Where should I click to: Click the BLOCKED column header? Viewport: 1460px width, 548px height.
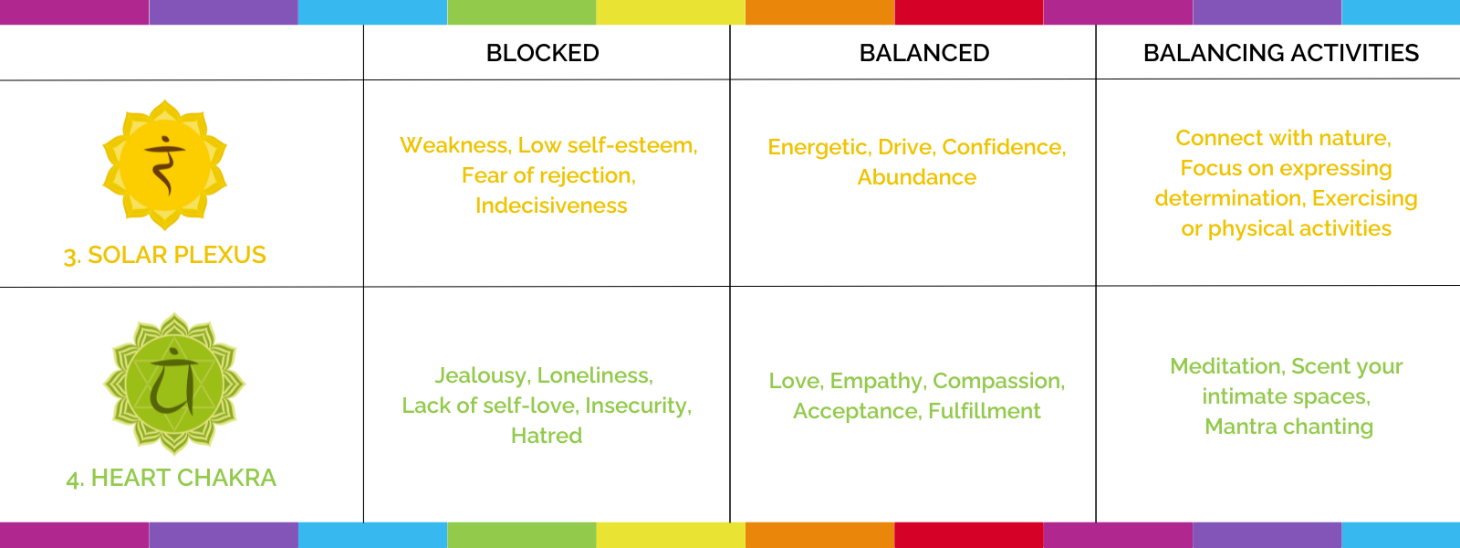(x=542, y=53)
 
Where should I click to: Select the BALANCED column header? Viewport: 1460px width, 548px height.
(x=924, y=53)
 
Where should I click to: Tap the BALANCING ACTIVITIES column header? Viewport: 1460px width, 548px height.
(x=1281, y=53)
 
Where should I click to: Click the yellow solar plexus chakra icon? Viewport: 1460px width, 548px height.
(x=165, y=165)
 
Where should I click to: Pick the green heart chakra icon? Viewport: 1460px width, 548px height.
(x=174, y=384)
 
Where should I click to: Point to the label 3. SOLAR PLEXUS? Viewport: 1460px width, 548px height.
(x=165, y=255)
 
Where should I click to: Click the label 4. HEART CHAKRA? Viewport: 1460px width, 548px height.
(x=172, y=479)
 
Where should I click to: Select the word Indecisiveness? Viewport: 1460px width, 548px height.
(x=551, y=205)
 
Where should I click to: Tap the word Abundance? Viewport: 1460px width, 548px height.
(x=917, y=177)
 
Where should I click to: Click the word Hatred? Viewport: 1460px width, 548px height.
(x=547, y=435)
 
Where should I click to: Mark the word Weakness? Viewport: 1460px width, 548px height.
(x=455, y=145)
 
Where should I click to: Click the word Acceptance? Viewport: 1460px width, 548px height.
(x=857, y=412)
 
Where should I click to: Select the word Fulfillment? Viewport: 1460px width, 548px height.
(x=985, y=411)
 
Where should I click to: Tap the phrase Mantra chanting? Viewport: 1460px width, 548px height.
(x=1288, y=427)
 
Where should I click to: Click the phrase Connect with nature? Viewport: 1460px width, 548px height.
(x=1282, y=138)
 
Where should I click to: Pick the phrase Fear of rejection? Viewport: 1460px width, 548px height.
(x=547, y=175)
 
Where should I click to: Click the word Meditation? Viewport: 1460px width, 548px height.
(x=1227, y=366)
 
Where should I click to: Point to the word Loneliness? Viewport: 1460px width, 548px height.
(x=595, y=375)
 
